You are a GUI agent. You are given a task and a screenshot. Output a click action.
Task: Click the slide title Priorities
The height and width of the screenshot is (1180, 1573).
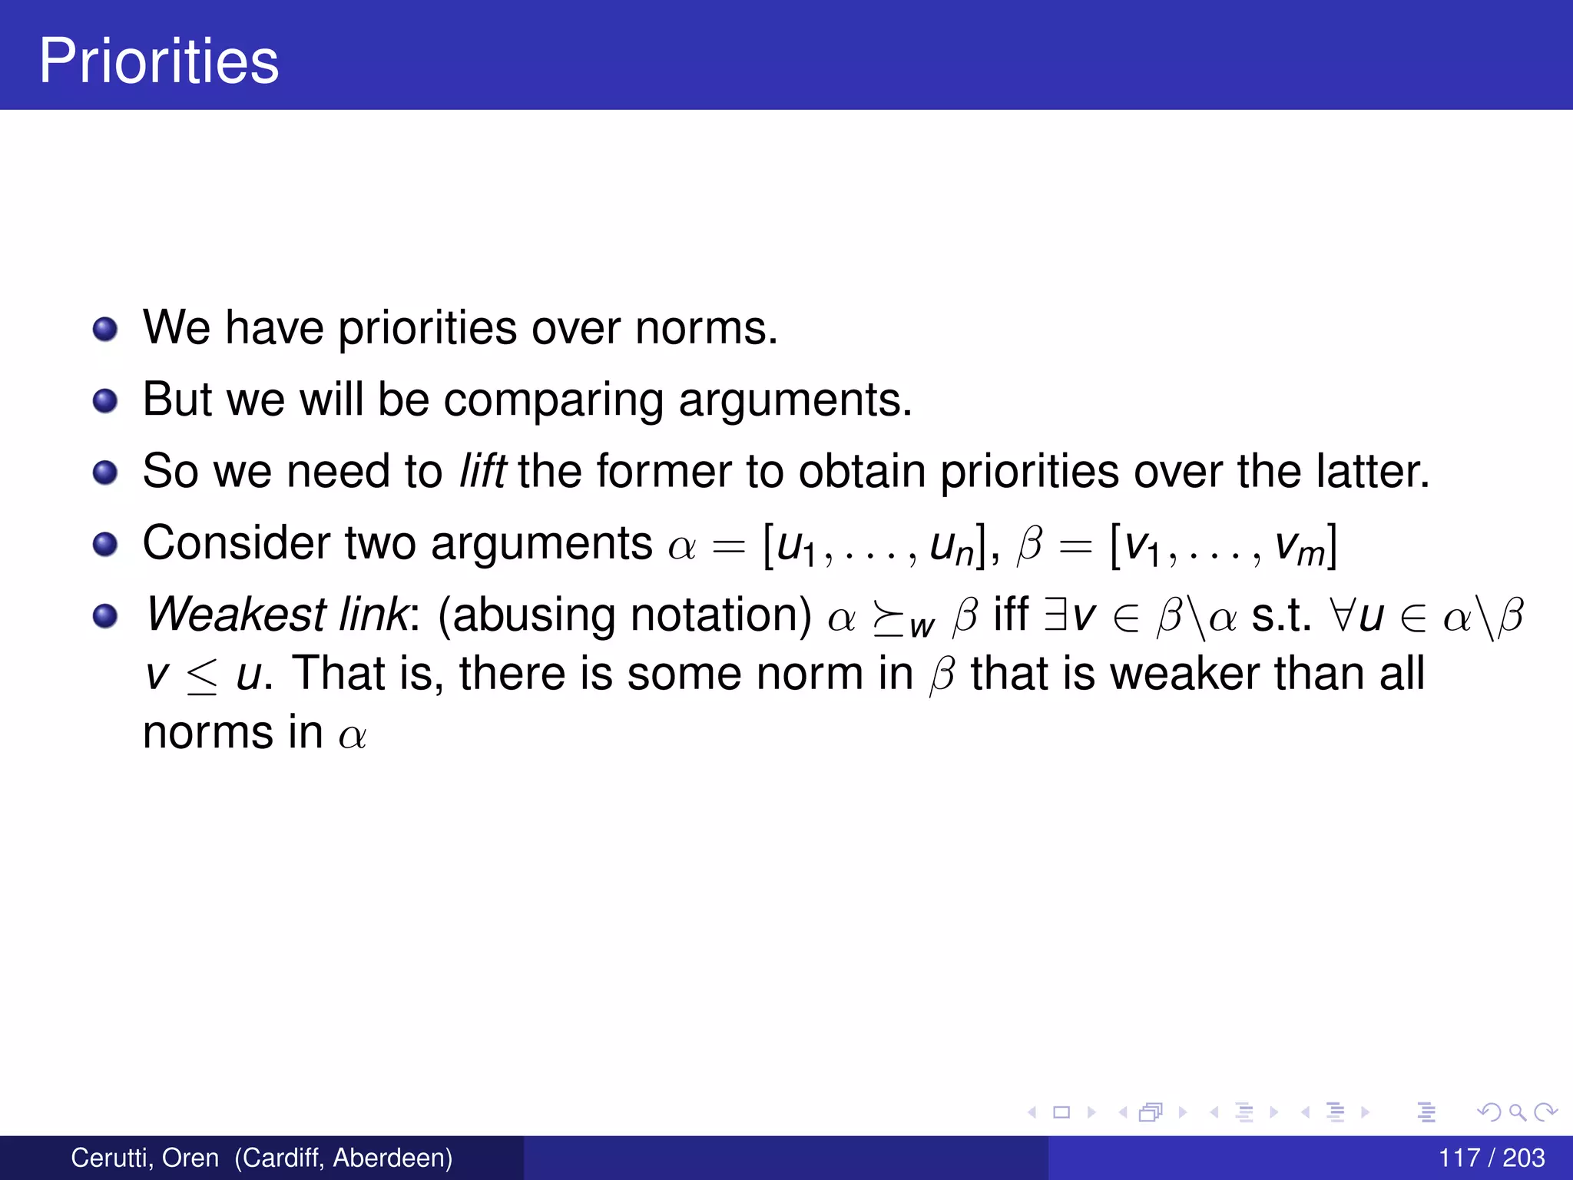pos(159,61)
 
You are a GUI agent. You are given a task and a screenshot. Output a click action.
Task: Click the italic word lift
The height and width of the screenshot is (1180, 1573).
pos(482,471)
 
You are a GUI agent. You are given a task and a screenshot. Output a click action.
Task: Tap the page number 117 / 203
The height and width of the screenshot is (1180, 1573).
pos(1491,1158)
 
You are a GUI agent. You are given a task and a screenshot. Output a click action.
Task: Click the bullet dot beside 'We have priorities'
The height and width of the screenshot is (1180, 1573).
pos(105,330)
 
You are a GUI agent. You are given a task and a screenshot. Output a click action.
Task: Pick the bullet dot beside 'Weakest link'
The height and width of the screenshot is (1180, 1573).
pos(105,615)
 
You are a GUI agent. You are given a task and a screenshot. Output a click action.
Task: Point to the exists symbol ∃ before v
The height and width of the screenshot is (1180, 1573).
pos(1055,615)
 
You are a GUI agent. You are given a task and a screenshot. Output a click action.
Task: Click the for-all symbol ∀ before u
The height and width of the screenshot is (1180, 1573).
pos(1342,615)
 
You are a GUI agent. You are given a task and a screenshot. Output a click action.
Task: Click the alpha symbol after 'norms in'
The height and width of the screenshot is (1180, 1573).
pos(353,736)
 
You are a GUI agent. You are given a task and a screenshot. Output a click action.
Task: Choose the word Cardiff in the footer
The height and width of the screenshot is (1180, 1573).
pos(280,1158)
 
